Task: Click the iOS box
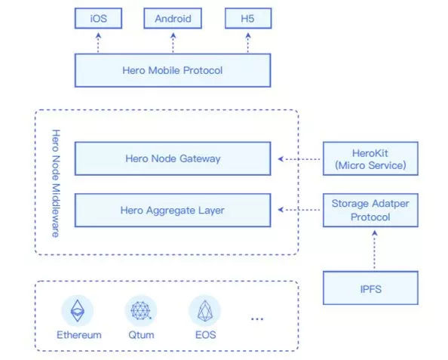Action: click(x=98, y=18)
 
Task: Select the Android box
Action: click(x=173, y=18)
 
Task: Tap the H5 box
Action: click(x=248, y=18)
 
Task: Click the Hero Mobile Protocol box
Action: click(x=173, y=70)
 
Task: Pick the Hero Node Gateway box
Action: click(x=173, y=158)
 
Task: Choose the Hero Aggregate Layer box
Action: click(x=173, y=210)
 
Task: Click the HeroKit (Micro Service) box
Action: click(x=370, y=158)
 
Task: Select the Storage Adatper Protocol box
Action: click(x=370, y=210)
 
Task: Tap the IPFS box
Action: click(x=370, y=288)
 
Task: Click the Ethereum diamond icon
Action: click(x=78, y=310)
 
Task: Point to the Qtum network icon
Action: click(x=141, y=310)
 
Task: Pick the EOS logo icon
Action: click(x=205, y=310)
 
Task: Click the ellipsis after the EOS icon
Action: click(x=257, y=318)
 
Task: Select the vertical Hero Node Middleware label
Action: click(x=56, y=183)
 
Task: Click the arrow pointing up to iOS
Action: click(x=98, y=43)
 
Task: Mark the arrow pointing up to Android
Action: click(x=173, y=43)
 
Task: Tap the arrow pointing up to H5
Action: click(x=248, y=43)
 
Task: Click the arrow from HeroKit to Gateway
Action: click(x=299, y=158)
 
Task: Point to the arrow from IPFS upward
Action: click(x=375, y=251)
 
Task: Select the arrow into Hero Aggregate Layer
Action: click(x=299, y=210)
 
